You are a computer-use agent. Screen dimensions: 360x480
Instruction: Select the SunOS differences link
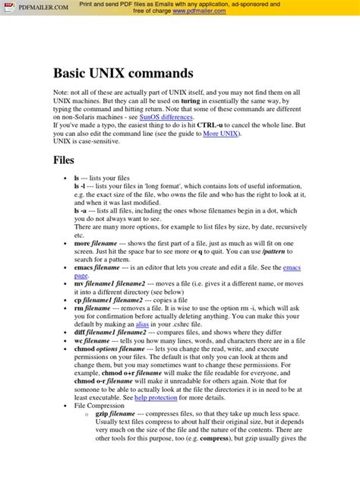(x=166, y=118)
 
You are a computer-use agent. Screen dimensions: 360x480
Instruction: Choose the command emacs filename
(x=99, y=268)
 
